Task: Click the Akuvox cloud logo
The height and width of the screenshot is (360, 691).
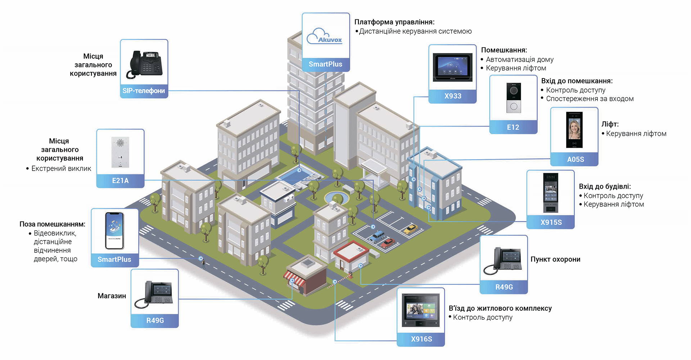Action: [324, 36]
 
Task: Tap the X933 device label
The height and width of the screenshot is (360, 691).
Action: [452, 96]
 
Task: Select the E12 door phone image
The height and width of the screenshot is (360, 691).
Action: [514, 98]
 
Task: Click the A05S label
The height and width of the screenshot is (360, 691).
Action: [575, 159]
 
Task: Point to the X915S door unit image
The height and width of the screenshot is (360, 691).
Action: [550, 193]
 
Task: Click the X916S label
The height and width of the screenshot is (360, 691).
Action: [421, 339]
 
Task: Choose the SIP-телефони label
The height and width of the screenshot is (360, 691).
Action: [144, 91]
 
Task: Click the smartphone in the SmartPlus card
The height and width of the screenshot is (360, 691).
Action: [114, 231]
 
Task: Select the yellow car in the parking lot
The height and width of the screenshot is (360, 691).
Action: [410, 229]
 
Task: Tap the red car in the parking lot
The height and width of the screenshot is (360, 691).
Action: [388, 243]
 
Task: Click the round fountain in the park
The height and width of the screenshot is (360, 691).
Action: [337, 198]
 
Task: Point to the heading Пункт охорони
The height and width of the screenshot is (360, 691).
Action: [555, 259]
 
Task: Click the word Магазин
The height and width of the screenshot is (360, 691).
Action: [112, 296]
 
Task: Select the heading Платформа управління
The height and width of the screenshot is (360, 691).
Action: [394, 22]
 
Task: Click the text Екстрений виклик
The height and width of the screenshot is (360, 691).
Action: [61, 168]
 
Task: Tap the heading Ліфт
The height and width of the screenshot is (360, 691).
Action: [610, 124]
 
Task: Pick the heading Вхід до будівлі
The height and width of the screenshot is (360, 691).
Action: [605, 186]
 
